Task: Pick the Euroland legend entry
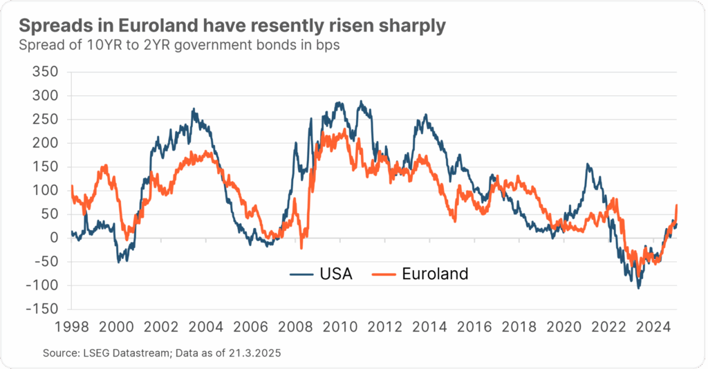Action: click(435, 274)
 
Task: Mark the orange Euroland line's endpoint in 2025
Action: click(677, 205)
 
